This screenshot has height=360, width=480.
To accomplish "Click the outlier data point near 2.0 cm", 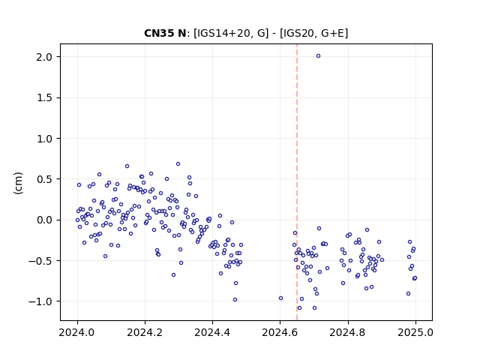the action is (x=318, y=56).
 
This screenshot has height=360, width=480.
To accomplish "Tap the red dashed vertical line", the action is (x=297, y=182).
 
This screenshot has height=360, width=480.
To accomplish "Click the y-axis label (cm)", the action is (x=18, y=183).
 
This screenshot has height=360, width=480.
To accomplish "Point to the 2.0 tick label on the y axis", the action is (x=44, y=57).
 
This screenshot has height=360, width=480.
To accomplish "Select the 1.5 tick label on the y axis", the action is (x=44, y=97).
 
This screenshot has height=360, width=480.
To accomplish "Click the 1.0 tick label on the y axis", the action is (x=44, y=139).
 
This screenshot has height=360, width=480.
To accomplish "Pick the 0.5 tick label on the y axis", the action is (x=44, y=179).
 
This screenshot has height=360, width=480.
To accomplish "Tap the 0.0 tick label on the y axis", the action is (x=44, y=220).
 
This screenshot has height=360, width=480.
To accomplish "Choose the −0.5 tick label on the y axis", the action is (x=40, y=261).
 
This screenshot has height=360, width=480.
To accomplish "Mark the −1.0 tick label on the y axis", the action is (x=40, y=301).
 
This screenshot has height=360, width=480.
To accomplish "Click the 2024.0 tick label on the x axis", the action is (x=77, y=332).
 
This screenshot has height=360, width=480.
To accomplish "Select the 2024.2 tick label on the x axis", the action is (x=145, y=332).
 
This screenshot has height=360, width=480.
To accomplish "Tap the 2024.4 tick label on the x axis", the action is (x=212, y=332).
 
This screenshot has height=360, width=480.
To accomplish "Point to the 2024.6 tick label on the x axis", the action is (x=280, y=332).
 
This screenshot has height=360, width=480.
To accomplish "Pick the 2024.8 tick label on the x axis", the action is (x=347, y=332).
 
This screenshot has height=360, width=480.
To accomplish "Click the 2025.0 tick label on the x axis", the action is (x=415, y=332).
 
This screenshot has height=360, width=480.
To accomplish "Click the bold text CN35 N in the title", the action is (x=165, y=33).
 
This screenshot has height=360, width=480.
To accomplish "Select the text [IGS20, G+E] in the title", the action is (x=314, y=33).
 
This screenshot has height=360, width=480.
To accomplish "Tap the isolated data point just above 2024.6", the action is (x=280, y=298).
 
